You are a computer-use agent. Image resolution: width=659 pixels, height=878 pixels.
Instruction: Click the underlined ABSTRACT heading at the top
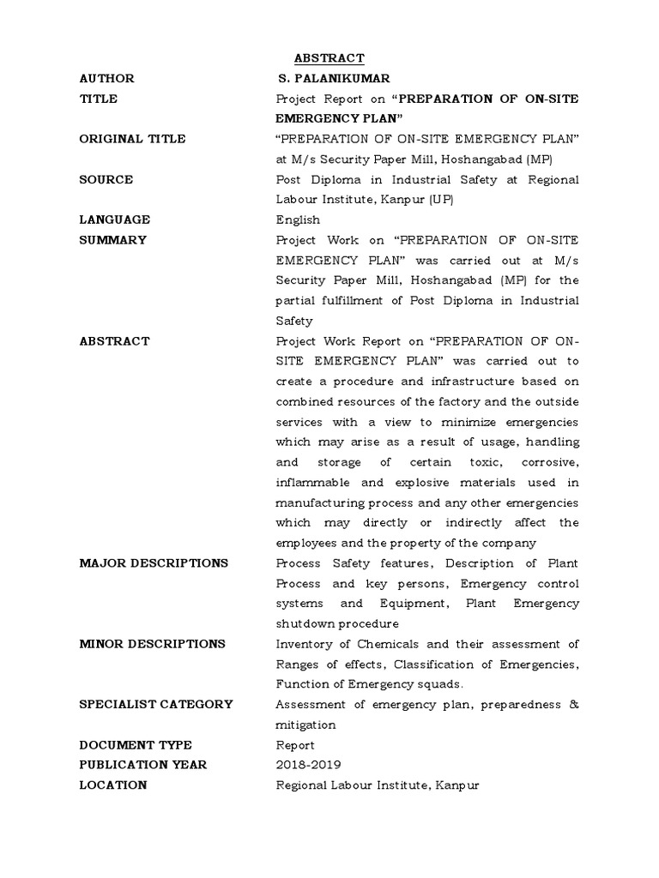329,58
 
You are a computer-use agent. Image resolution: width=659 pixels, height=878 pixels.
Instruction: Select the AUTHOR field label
106,78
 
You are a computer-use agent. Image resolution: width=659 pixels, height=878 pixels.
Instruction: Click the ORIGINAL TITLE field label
132,139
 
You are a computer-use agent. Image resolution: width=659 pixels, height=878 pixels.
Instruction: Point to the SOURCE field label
106,179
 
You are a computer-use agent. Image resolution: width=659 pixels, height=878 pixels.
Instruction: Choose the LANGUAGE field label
114,219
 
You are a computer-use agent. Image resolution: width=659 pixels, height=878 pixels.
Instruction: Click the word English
298,219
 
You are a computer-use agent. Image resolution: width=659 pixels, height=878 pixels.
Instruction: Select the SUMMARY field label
112,240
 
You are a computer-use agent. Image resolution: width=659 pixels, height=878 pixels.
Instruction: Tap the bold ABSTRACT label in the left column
114,341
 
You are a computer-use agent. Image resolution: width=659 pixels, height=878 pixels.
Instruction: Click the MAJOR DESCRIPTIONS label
154,563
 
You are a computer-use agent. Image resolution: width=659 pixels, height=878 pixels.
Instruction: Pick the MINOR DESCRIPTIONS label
153,644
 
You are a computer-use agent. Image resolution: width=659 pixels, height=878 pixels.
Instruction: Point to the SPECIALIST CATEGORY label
156,705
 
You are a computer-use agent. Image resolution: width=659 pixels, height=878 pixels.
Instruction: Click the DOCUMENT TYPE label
136,745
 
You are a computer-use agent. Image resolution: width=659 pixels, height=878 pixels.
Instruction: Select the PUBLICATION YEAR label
143,765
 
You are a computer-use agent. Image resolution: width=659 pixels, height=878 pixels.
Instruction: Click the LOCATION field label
113,785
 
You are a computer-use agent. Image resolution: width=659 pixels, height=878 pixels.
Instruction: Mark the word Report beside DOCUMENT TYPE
295,745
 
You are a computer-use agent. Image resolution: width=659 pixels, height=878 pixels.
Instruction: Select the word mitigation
305,725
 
